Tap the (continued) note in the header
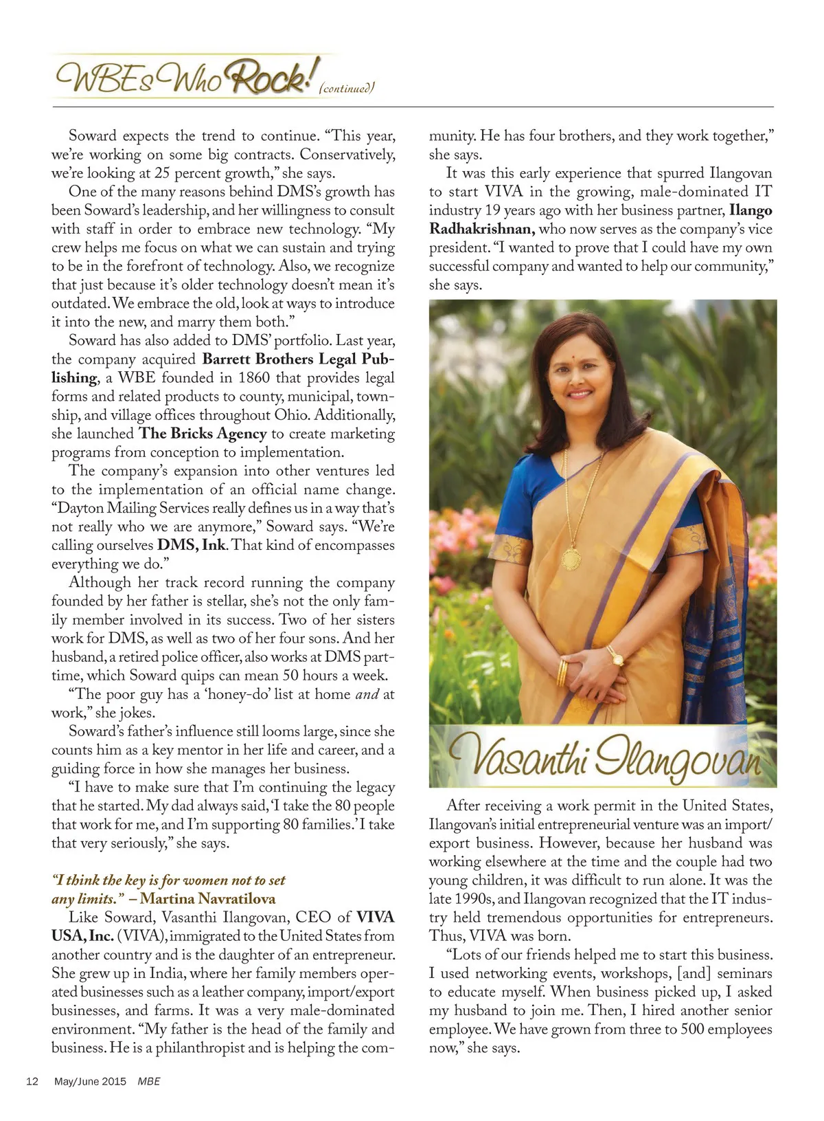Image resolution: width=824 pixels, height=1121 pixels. [x=347, y=88]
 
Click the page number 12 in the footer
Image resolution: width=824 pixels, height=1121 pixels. [x=32, y=1081]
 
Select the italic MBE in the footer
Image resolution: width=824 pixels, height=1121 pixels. [x=149, y=1081]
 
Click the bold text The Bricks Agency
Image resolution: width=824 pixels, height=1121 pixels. [x=203, y=434]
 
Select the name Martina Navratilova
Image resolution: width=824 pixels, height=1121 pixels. [x=207, y=899]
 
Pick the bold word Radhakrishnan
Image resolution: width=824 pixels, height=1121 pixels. [x=481, y=230]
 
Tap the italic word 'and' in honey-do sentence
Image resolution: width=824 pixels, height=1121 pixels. [x=367, y=694]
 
